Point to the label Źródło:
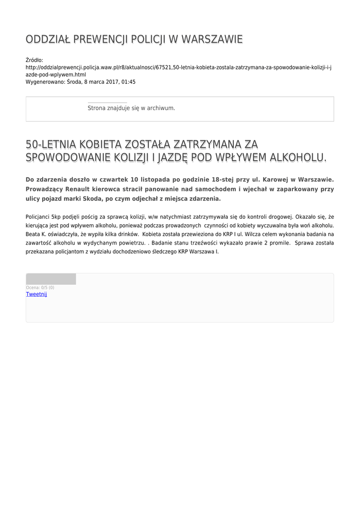pos(34,60)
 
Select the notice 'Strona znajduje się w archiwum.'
pos(131,108)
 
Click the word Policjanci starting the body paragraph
pos(37,216)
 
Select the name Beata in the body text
pos(32,234)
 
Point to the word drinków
pos(128,234)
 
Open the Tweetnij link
pos(36,294)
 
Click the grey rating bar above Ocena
pos(51,279)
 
